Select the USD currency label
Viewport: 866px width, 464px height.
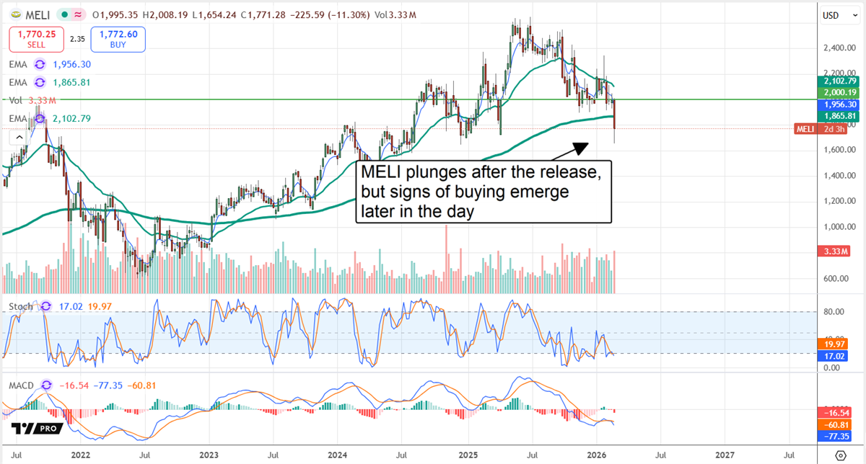[831, 14]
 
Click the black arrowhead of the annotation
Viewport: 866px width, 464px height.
[579, 148]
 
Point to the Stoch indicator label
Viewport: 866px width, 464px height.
[20, 306]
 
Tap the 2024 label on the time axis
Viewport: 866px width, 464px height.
[338, 455]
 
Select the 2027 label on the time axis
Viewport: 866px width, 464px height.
[725, 455]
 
